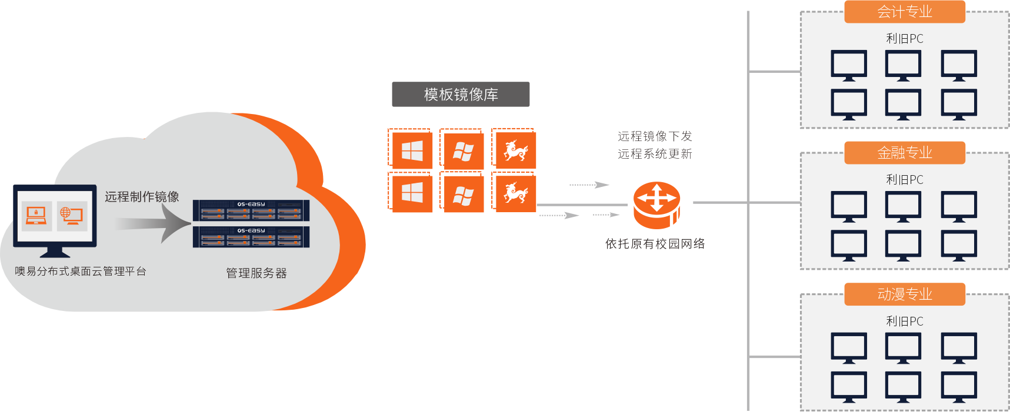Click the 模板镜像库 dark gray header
461,95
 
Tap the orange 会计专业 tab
904,12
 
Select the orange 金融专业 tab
904,153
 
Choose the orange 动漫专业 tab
904,294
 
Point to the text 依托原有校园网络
655,244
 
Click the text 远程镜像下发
655,136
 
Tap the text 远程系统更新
655,154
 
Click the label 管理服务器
256,273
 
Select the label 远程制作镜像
142,197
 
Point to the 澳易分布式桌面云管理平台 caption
81,272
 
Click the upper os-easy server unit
251,210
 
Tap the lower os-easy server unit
251,237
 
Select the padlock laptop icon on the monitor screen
36,216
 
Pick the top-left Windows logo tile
412,151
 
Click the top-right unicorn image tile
516,150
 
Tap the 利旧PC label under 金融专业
904,180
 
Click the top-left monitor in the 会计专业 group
848,65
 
